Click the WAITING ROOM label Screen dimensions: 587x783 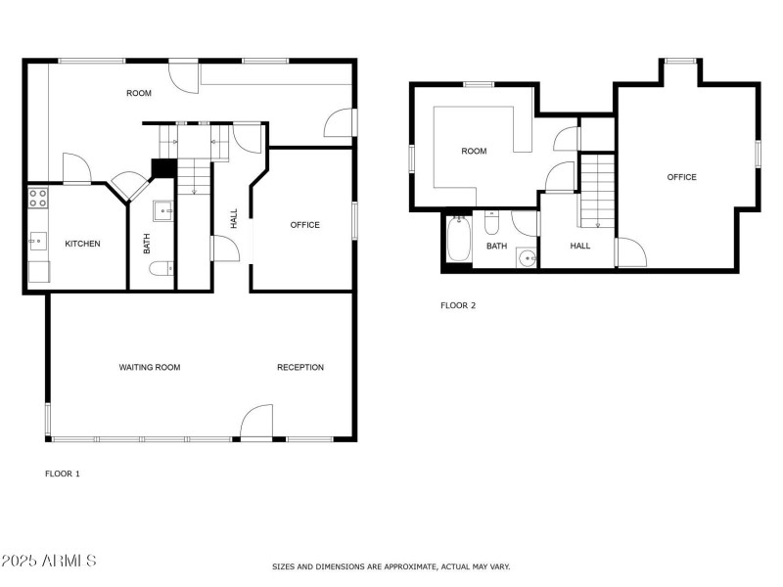(x=150, y=368)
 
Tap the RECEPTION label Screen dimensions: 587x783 (x=300, y=368)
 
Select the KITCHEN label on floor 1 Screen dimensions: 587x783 (x=82, y=244)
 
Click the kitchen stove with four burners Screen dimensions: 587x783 (x=38, y=200)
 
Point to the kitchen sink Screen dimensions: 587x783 (x=37, y=239)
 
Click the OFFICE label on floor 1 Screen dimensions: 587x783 (x=304, y=225)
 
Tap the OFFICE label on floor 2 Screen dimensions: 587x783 (x=682, y=177)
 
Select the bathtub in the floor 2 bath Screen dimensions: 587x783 (x=459, y=238)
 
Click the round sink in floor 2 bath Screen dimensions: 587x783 (x=527, y=258)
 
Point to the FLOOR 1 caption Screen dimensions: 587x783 (x=63, y=474)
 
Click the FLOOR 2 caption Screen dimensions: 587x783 (x=458, y=305)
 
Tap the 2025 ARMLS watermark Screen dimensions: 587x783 (x=49, y=561)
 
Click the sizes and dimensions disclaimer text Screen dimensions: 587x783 (x=391, y=566)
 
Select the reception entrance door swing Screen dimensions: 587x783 (x=256, y=423)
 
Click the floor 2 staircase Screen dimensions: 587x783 (x=596, y=191)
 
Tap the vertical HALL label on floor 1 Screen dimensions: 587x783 (x=234, y=219)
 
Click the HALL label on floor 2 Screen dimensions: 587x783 (x=580, y=246)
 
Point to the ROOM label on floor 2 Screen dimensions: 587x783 (x=474, y=151)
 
